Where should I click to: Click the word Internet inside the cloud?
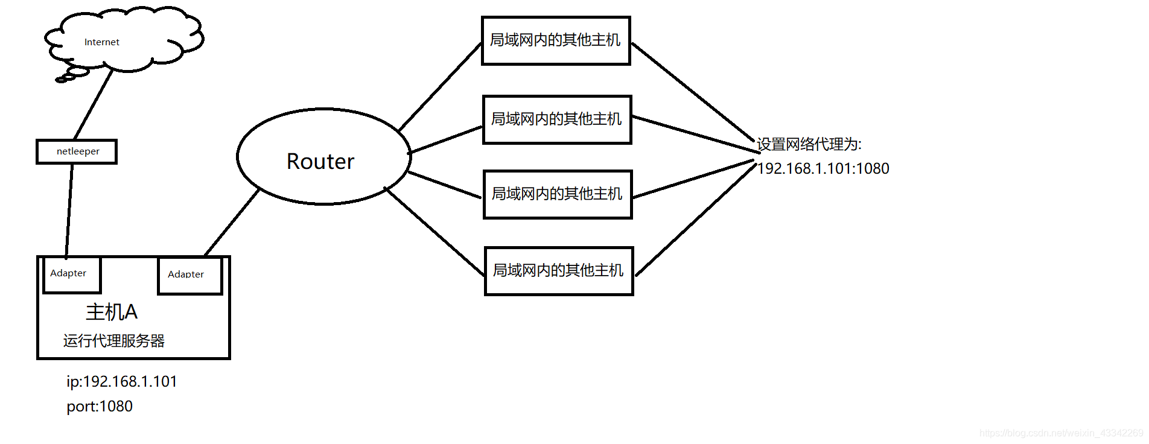[101, 42]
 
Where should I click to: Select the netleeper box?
[77, 151]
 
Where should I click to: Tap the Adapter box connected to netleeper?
[71, 274]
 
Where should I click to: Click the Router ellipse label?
[320, 162]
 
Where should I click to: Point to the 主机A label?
[112, 312]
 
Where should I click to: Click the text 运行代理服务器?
[113, 341]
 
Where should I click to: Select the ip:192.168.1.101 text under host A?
[121, 381]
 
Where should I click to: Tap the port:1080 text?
[100, 406]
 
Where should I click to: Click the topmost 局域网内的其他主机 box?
[555, 40]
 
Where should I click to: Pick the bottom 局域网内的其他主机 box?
[558, 271]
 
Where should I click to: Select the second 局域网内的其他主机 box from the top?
[556, 119]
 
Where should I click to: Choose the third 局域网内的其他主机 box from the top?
[557, 194]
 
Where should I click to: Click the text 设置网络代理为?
[809, 144]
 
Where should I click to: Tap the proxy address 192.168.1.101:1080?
[823, 168]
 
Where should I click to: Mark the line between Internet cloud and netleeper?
[94, 104]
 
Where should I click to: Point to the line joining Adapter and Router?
[232, 222]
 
